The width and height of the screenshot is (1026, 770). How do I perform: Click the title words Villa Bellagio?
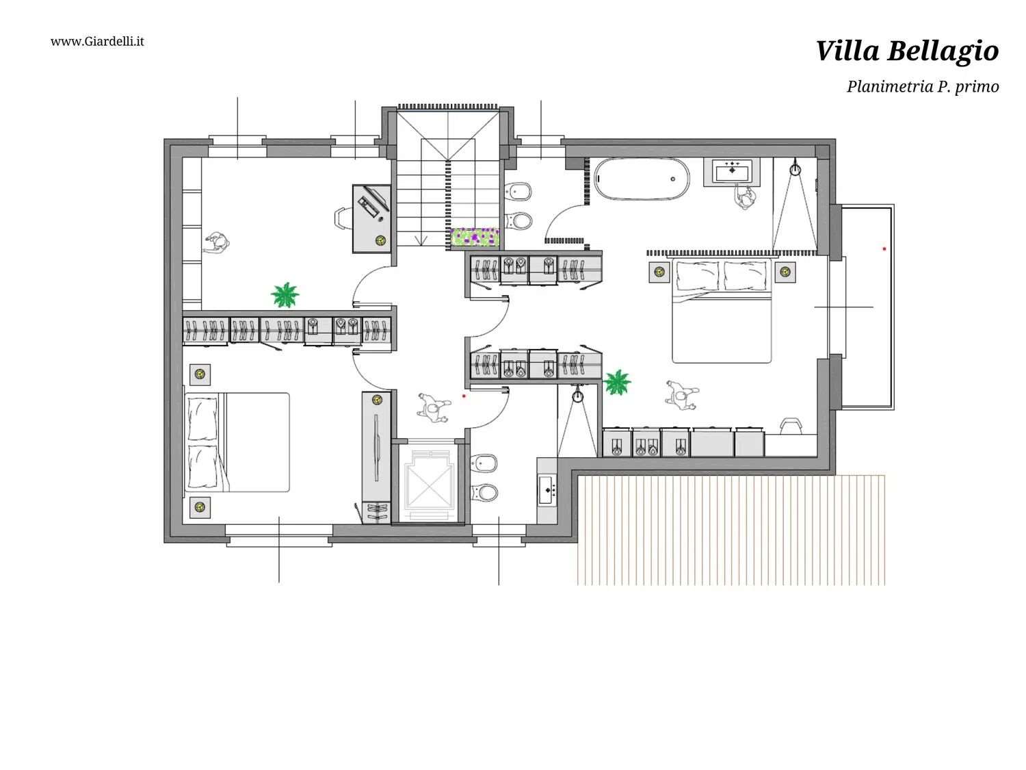907,51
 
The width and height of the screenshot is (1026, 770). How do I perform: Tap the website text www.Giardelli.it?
97,41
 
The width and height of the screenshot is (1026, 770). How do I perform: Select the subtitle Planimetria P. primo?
923,86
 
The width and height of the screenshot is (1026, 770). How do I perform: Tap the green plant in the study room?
285,295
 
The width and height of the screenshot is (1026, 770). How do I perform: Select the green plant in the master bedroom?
617,382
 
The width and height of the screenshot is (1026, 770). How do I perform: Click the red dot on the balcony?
884,248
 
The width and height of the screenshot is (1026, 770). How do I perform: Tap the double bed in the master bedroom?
722,311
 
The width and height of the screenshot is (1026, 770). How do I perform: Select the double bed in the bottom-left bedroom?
237,442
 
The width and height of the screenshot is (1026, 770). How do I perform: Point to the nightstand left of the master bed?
659,272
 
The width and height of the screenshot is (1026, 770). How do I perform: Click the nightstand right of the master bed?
785,272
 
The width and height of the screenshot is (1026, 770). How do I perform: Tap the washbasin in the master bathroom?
733,170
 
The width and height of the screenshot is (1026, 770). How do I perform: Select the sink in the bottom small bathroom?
547,489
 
